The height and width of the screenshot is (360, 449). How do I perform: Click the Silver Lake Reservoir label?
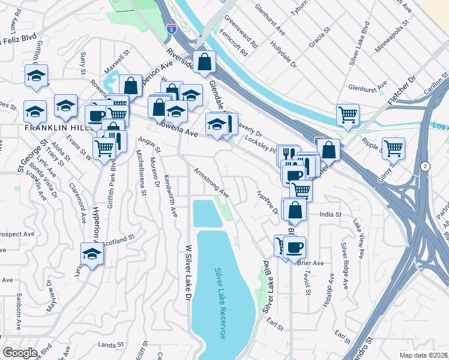point(220,304)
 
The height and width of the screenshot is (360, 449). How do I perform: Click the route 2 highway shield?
point(425,166)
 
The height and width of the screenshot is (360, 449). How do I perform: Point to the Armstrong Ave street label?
point(211,183)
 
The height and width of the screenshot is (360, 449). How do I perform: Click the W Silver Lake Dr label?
point(188,272)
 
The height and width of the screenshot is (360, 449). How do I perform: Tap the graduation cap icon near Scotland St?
point(92,254)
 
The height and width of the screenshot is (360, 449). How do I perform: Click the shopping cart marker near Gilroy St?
point(393,148)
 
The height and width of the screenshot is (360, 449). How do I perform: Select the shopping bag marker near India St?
point(295,210)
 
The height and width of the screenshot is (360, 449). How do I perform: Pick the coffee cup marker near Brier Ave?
point(294,247)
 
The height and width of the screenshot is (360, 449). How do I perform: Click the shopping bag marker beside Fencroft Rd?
point(205,62)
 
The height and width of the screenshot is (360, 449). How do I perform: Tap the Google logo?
point(20,353)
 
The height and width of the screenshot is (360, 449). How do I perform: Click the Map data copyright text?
point(423,355)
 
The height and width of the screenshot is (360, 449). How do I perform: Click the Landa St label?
point(110,344)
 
